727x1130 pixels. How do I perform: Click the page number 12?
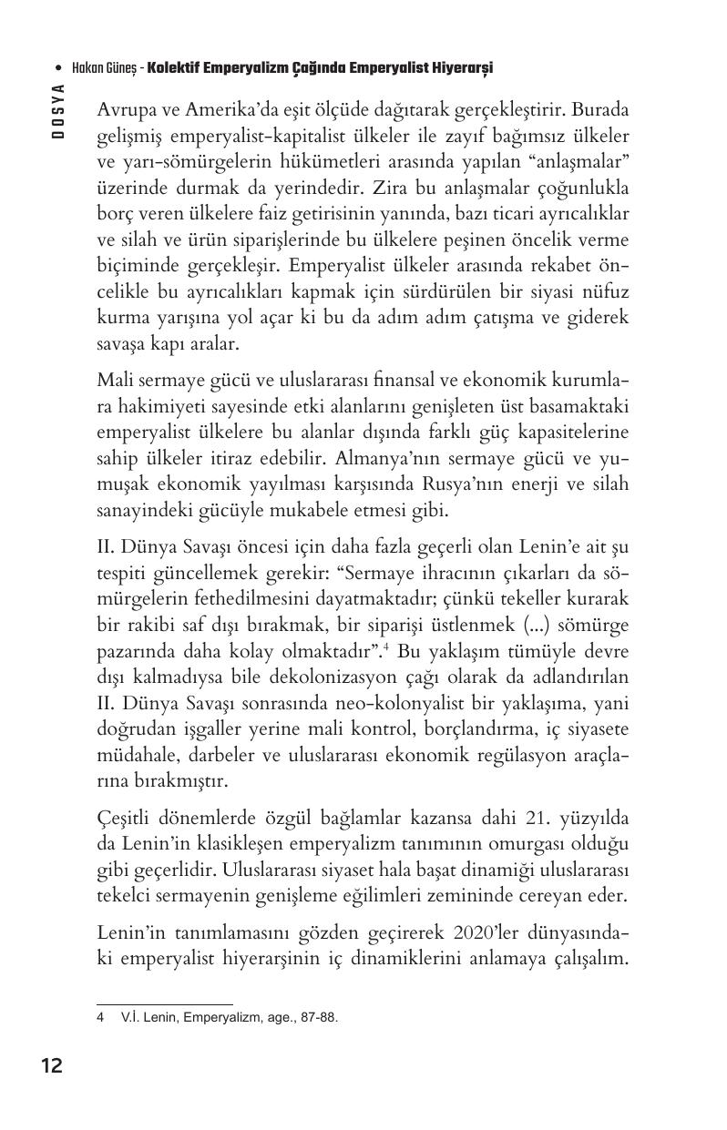[x=51, y=1064]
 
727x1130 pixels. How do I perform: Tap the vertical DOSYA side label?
[x=57, y=109]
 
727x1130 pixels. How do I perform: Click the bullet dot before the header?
[x=58, y=69]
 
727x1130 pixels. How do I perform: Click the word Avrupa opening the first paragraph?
[x=124, y=110]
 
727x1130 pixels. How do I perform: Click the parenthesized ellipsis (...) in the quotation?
[x=517, y=627]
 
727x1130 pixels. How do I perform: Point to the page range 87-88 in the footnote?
[x=318, y=1018]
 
